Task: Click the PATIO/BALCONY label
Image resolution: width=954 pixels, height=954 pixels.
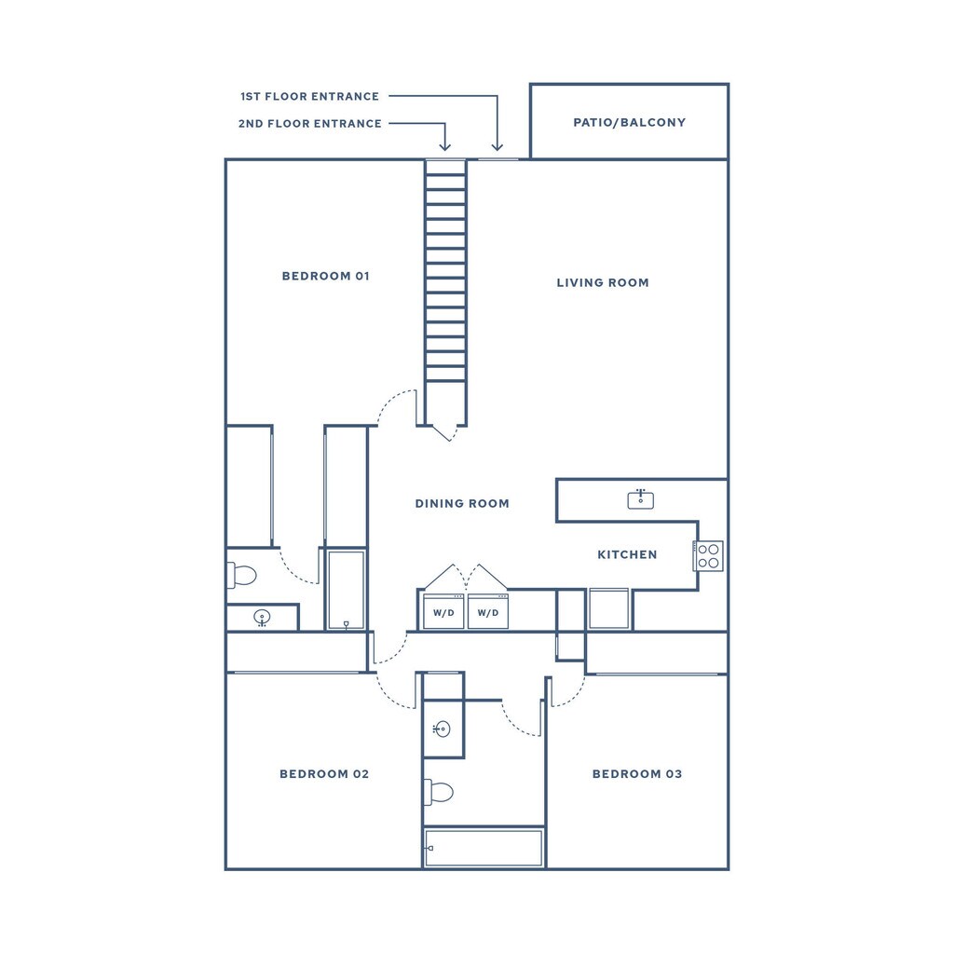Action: click(629, 122)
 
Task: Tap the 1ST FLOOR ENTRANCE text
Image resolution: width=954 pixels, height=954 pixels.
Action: click(310, 96)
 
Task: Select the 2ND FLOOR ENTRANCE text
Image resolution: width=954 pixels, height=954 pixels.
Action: click(310, 123)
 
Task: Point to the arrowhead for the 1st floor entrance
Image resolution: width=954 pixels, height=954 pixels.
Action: click(497, 146)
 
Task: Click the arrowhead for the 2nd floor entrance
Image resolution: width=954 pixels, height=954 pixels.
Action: click(444, 146)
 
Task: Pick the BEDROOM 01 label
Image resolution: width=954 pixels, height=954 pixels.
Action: click(326, 276)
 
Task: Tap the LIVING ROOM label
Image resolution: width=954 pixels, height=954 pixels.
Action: click(603, 282)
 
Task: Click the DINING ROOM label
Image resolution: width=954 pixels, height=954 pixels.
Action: click(462, 503)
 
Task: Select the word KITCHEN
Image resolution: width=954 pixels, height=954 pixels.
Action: click(627, 554)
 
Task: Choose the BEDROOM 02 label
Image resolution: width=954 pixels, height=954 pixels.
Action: click(324, 774)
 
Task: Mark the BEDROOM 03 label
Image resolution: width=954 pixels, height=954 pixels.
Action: click(637, 774)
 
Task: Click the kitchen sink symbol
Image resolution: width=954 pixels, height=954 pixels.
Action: click(640, 499)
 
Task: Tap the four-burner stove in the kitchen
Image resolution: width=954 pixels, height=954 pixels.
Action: click(709, 555)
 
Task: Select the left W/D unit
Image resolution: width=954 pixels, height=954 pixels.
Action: click(443, 612)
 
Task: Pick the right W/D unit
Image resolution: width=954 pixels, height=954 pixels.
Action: click(488, 612)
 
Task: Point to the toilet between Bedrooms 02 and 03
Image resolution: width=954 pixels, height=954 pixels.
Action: click(439, 792)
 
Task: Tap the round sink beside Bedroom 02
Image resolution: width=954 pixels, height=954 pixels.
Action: click(442, 729)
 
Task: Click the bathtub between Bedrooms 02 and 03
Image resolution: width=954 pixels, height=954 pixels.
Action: click(484, 848)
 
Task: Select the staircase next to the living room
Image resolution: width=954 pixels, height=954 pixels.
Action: click(445, 289)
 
